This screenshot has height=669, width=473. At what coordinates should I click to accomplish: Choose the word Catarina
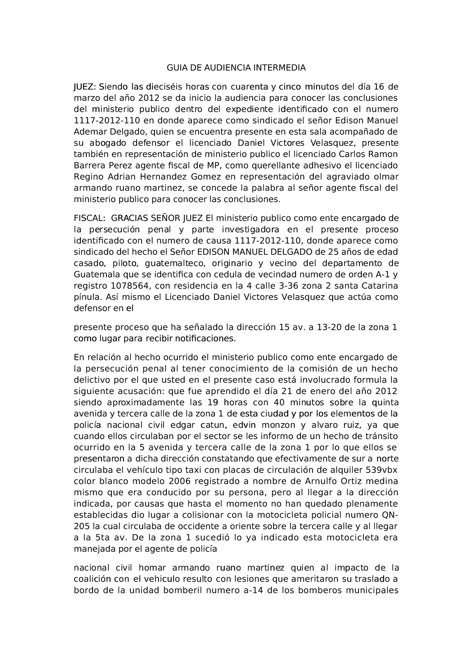pyautogui.click(x=379, y=286)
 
